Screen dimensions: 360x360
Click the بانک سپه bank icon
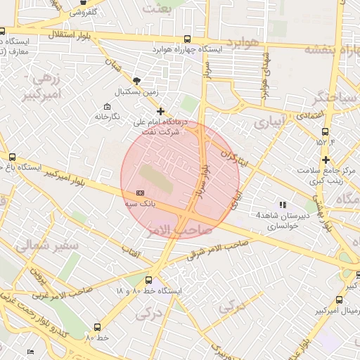[x=139, y=192]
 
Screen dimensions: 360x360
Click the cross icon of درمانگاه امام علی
[x=161, y=111]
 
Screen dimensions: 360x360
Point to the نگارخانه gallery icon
[x=98, y=116]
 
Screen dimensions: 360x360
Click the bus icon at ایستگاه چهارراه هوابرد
[x=186, y=39]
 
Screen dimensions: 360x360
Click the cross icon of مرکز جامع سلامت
[x=326, y=160]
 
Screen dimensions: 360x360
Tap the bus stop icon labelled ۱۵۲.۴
[x=325, y=131]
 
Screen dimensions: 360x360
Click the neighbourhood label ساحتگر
[x=328, y=96]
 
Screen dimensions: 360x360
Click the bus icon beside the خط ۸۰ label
[x=97, y=327]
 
